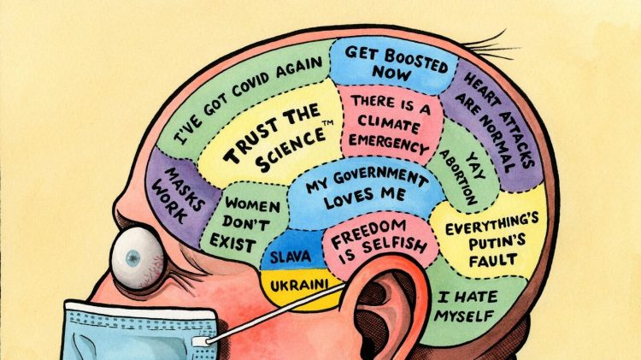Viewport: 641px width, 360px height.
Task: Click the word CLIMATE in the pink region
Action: point(389,122)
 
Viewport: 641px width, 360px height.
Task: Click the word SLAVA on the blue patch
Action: point(291,257)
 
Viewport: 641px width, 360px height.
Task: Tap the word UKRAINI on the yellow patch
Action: point(300,285)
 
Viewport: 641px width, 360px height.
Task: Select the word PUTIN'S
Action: point(497,243)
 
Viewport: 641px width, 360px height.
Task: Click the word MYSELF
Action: point(464,316)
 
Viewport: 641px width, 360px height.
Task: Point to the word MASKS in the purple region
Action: point(184,189)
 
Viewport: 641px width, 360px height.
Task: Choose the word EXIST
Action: point(232,244)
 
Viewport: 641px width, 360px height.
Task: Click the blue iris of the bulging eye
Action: point(132,258)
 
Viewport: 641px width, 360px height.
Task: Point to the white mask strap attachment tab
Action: point(200,341)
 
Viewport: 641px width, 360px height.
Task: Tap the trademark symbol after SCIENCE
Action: point(329,123)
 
